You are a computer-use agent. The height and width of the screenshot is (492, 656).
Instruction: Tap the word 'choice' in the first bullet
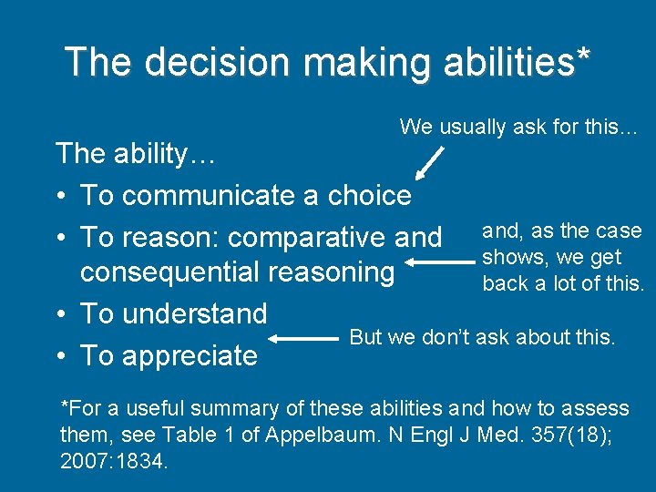coord(369,195)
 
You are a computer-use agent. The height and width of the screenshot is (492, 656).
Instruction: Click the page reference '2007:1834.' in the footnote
coord(114,462)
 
